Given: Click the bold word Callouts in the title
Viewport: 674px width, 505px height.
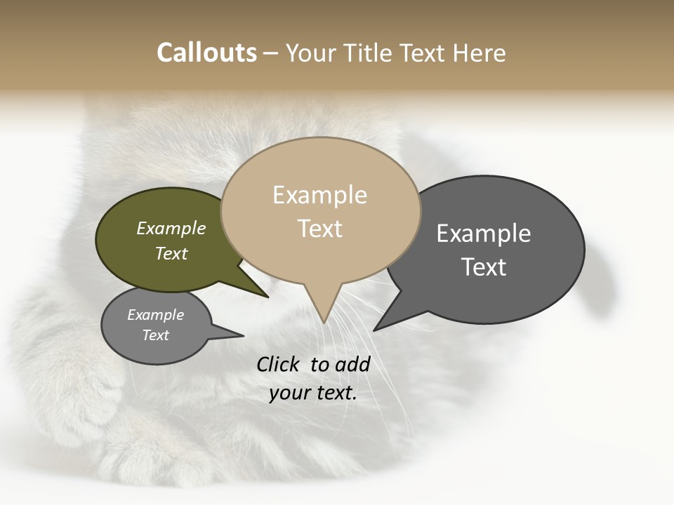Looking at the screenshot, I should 206,53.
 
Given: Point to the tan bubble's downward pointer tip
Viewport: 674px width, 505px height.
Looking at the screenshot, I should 324,322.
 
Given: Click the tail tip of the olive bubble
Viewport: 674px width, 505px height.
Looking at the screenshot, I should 267,297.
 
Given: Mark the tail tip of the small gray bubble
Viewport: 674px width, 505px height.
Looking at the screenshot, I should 243,335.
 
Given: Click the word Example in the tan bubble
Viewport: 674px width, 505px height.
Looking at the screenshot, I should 319,195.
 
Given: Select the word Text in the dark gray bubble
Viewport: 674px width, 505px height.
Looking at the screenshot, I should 484,267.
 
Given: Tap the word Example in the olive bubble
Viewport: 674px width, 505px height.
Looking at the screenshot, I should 171,228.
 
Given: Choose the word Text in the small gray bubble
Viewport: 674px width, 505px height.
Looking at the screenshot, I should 156,335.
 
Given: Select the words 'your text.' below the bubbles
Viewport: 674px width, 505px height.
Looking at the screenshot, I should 312,393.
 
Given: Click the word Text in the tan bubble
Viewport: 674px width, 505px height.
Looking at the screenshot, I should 320,229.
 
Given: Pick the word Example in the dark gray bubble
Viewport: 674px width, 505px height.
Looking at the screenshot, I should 484,234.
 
